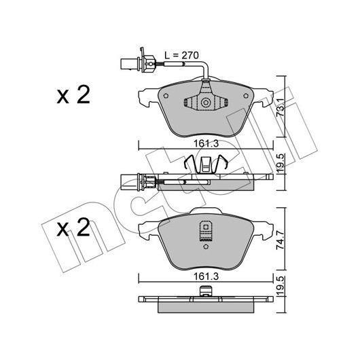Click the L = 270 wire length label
click(181, 55)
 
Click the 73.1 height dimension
click(281, 108)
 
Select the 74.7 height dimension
click(281, 240)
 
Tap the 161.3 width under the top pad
click(206, 144)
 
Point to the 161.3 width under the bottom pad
click(206, 276)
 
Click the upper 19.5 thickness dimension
click(281, 164)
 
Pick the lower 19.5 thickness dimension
click(281, 286)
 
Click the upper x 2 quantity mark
click(73, 95)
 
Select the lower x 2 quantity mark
click(73, 228)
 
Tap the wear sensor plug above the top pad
click(138, 62)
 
